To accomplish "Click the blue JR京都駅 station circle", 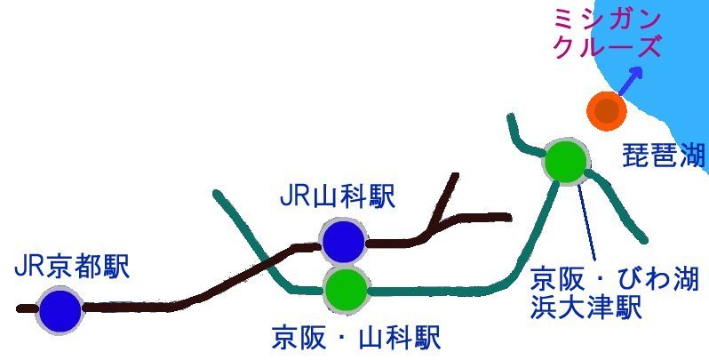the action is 59,310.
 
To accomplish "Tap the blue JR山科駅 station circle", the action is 343,241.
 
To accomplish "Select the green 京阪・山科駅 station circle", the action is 345,287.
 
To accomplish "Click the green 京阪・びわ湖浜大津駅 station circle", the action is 565,161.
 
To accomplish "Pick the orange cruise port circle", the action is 608,111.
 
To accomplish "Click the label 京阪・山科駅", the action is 355,339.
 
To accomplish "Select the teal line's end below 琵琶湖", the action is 641,239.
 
